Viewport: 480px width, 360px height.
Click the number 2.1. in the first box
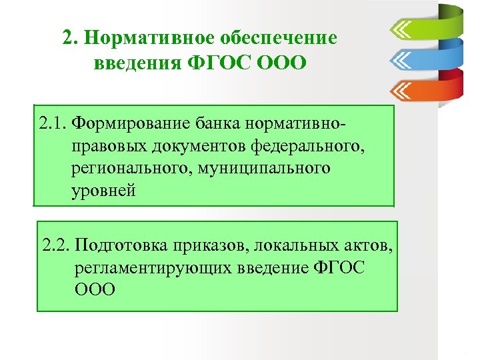53,123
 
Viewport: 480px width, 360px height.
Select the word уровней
104,191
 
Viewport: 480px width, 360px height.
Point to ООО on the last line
94,289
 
